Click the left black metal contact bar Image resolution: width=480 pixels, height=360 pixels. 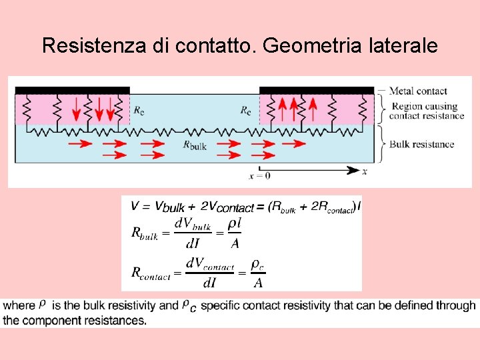click(x=72, y=90)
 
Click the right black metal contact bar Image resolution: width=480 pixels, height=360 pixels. click(x=316, y=90)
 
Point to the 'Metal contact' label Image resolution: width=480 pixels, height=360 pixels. click(x=418, y=91)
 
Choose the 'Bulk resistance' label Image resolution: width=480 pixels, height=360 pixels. click(x=421, y=144)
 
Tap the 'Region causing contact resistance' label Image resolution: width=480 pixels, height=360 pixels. click(x=427, y=111)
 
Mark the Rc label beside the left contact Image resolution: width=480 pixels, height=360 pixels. click(x=138, y=110)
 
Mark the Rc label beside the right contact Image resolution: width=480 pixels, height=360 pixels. click(x=246, y=110)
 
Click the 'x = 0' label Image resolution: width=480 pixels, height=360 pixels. click(x=259, y=176)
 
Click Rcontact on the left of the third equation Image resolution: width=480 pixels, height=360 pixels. click(x=152, y=272)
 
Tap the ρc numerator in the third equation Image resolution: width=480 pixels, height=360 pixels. click(x=258, y=265)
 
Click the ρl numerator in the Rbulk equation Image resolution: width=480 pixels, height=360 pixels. click(x=234, y=225)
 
